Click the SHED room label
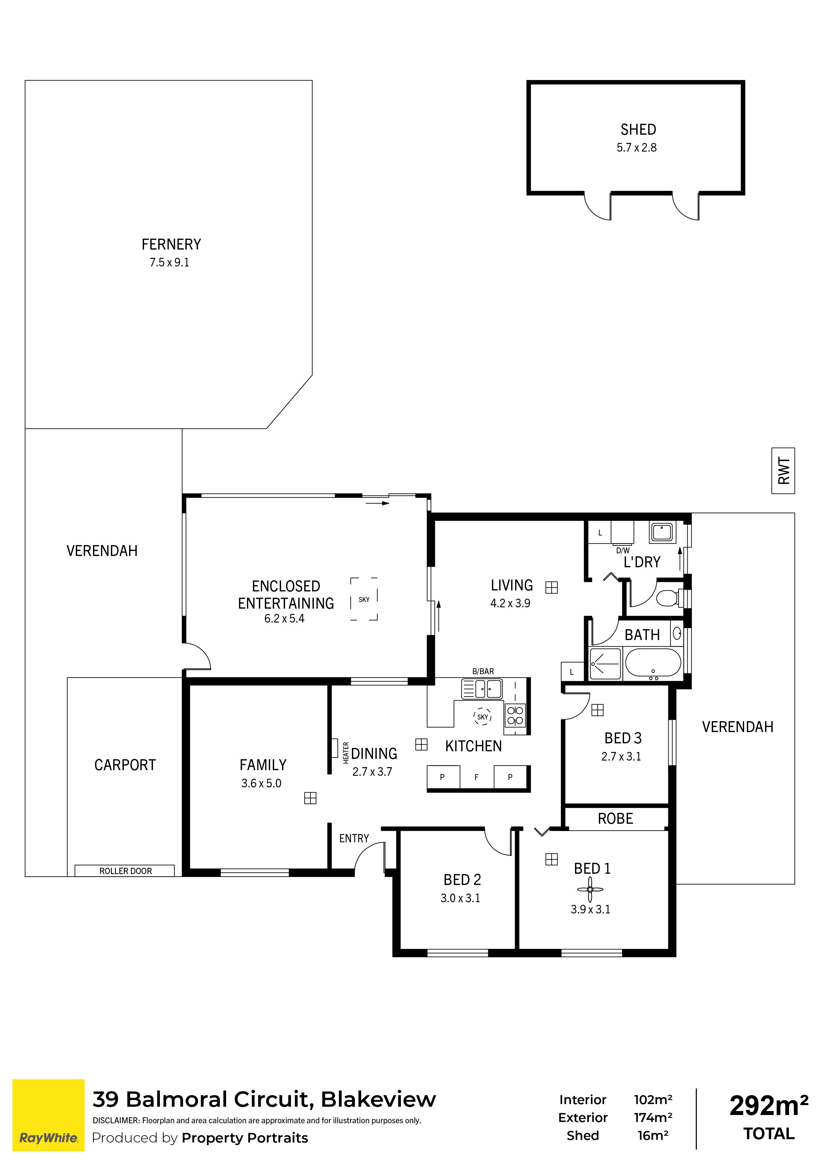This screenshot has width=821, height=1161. point(638,129)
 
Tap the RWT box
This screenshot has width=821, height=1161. point(783,470)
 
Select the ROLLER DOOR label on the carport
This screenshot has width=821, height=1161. point(125,871)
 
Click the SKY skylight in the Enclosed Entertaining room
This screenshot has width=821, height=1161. point(364,599)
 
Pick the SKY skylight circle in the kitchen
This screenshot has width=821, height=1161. point(483,717)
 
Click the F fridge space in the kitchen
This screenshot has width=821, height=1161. point(476,777)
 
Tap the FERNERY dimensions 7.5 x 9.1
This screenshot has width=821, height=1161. point(169,262)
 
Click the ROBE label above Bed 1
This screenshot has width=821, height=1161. point(615,819)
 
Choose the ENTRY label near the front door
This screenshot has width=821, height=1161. point(354,838)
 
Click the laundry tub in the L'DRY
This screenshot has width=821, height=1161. point(662,532)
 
